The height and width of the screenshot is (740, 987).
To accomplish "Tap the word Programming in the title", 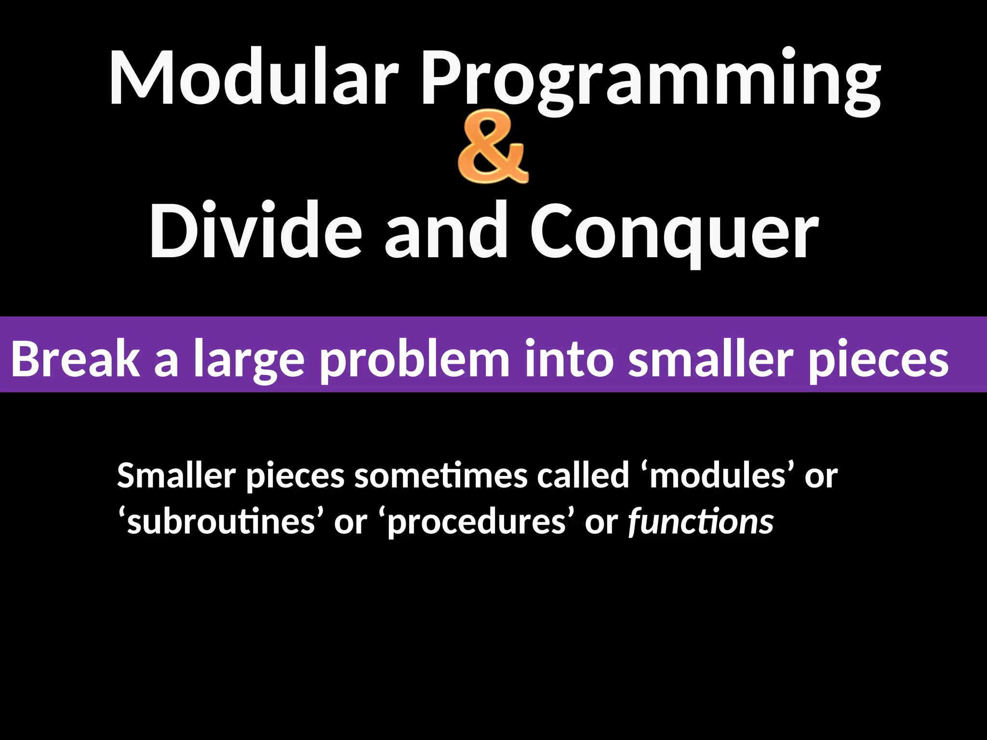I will [651, 79].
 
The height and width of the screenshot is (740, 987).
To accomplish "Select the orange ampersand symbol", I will [493, 147].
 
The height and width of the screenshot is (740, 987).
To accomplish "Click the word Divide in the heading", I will [255, 230].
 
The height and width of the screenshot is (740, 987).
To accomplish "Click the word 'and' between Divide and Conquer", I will [446, 230].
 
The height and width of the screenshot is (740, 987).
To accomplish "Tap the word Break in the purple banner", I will [75, 359].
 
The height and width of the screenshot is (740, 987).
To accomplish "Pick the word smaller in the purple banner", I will [711, 359].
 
